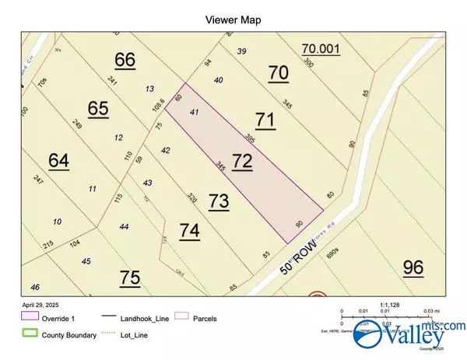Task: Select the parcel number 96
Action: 413,267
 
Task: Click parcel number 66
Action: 125,59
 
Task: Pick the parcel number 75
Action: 130,277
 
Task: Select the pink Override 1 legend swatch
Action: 31,318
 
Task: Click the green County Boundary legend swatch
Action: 31,335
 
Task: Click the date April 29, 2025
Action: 39,306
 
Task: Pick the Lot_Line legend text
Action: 130,335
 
